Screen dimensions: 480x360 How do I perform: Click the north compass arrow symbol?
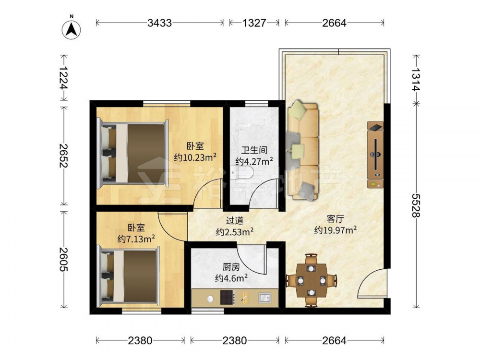[71, 30]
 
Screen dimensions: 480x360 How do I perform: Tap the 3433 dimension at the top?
[159, 23]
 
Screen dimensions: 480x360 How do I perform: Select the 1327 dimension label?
[254, 23]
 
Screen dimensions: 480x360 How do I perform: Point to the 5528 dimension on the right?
[415, 205]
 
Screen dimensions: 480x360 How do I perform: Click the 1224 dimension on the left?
[64, 78]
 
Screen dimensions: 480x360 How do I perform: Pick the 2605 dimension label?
[64, 259]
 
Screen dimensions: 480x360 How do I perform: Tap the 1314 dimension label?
[415, 79]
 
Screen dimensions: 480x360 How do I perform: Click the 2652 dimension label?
[64, 156]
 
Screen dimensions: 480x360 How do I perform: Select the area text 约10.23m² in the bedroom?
[195, 157]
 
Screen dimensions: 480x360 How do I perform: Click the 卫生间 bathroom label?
[254, 150]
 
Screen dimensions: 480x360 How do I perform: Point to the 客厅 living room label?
[335, 219]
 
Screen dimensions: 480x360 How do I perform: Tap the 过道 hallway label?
[235, 220]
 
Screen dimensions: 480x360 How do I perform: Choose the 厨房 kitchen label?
[231, 267]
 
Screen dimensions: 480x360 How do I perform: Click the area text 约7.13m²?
[136, 239]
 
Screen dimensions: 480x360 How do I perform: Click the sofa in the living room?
[302, 150]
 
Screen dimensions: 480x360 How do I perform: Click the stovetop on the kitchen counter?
[228, 297]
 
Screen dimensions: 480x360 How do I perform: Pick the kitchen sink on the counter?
[265, 297]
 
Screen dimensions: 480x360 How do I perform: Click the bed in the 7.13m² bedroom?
[129, 277]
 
